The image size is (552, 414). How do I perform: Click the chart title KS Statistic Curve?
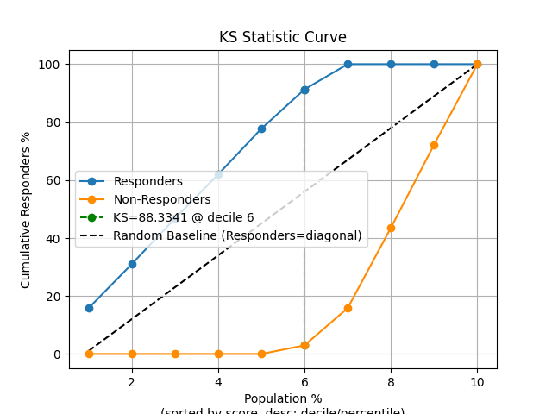[x=283, y=37]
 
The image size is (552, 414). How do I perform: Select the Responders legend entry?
[x=147, y=182]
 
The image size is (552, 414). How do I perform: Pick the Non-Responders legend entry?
[x=161, y=199]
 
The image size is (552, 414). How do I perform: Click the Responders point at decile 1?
[x=89, y=308]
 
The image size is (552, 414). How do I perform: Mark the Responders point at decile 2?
[x=132, y=264]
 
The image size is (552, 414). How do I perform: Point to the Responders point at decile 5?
[x=261, y=129]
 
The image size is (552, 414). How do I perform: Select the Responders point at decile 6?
[x=304, y=90]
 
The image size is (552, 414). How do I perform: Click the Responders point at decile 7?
[x=348, y=64]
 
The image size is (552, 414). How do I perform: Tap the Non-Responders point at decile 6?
[x=304, y=345]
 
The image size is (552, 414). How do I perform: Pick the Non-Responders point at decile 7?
[x=348, y=308]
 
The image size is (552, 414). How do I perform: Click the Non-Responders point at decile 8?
[x=391, y=228]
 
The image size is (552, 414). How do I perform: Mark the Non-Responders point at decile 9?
[x=434, y=145]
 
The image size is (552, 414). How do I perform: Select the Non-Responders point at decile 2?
[x=132, y=354]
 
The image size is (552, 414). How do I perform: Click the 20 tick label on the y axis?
[x=53, y=297]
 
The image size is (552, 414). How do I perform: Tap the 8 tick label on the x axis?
[x=391, y=381]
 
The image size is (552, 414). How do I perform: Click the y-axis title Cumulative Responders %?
[x=26, y=209]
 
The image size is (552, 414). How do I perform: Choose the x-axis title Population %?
[x=283, y=398]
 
